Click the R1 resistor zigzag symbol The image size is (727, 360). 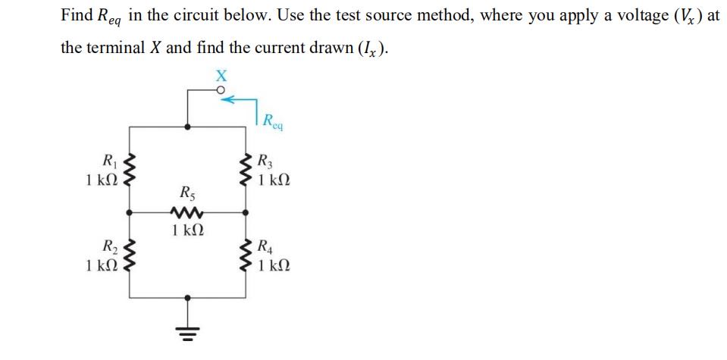point(131,171)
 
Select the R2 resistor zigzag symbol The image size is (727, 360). point(131,255)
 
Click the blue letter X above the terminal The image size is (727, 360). point(221,75)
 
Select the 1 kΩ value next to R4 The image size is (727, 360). point(274,265)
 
